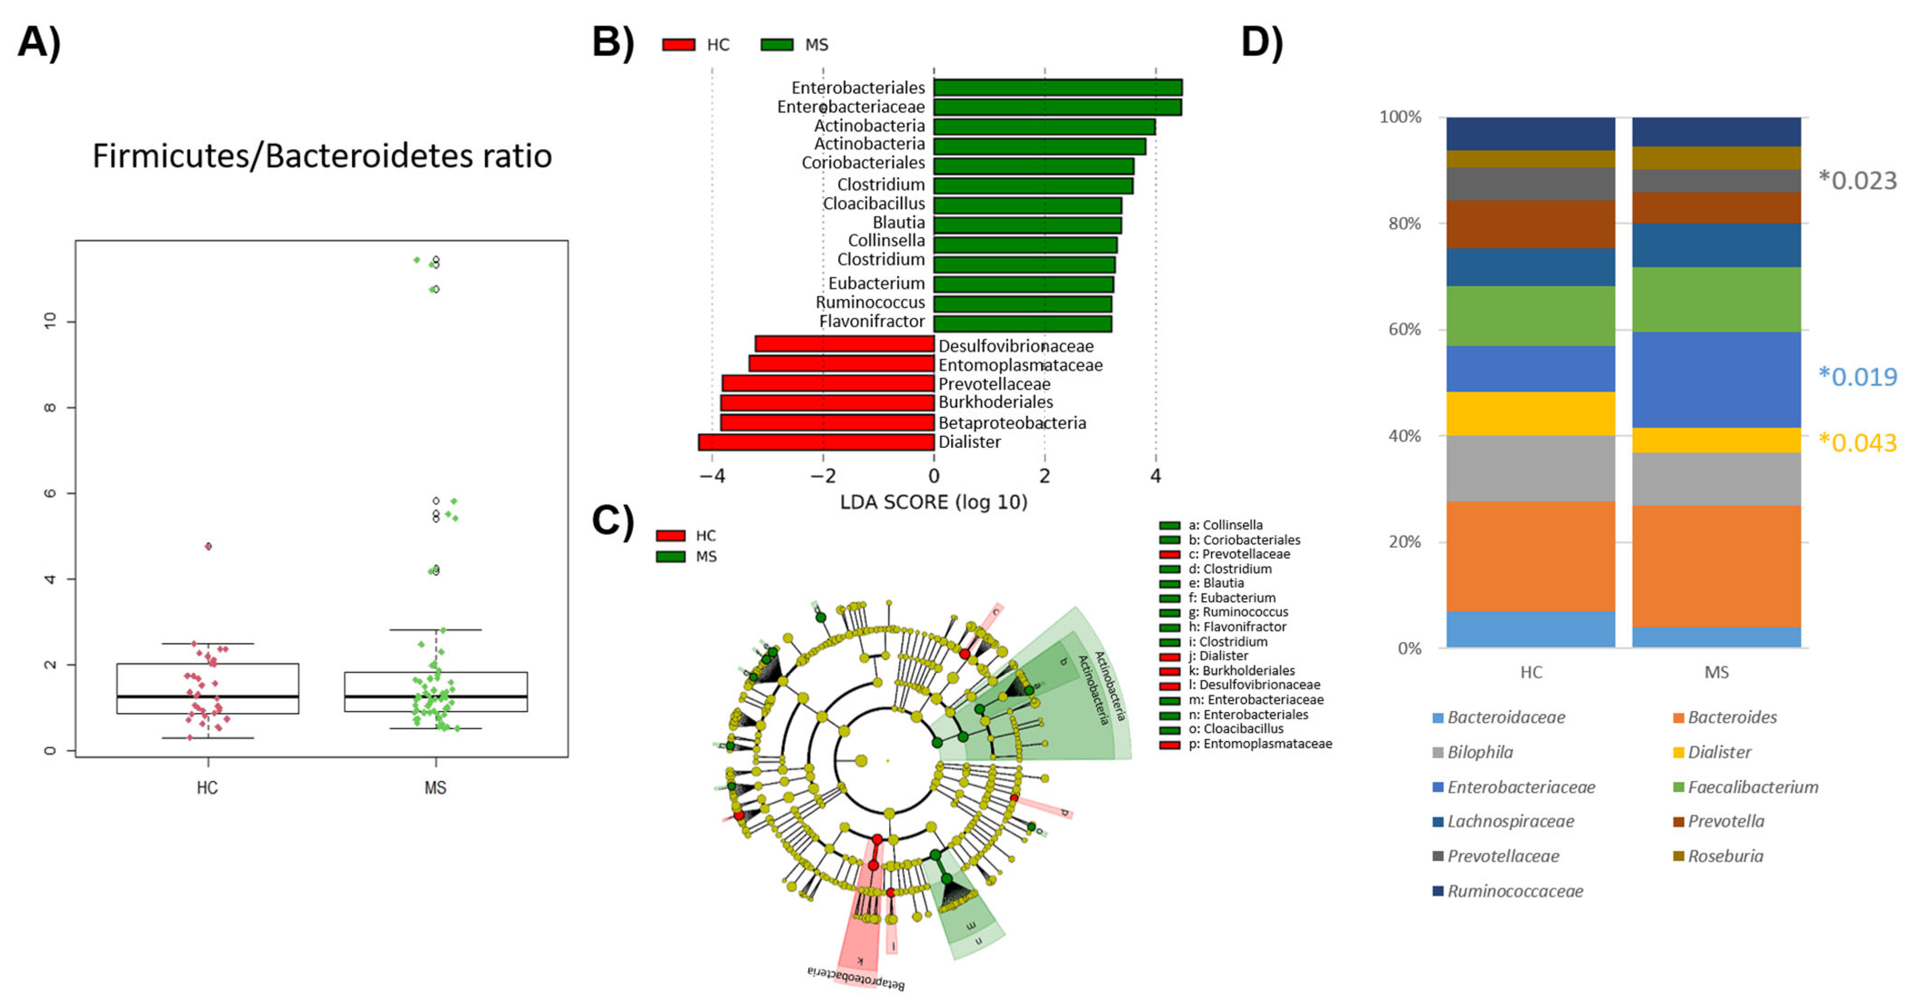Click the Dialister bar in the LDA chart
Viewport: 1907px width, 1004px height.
click(816, 442)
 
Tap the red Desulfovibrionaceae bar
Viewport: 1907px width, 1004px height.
click(844, 344)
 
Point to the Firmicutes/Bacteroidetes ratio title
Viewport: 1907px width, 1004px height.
click(322, 156)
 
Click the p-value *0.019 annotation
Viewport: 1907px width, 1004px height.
click(1858, 376)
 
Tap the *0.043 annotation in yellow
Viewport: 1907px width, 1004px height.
click(1858, 442)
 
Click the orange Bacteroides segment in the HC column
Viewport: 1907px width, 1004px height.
click(1530, 556)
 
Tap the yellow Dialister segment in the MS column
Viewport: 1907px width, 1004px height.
click(1716, 440)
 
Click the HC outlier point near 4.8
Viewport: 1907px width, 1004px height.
click(208, 546)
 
